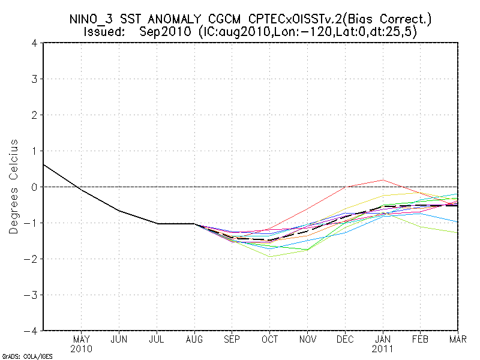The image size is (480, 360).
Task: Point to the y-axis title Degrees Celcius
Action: click(x=14, y=187)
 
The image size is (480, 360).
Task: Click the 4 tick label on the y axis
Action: click(x=34, y=43)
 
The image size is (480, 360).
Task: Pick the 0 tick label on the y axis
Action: click(x=34, y=187)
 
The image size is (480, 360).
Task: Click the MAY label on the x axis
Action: click(x=82, y=340)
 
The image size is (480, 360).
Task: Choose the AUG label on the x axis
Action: click(x=194, y=340)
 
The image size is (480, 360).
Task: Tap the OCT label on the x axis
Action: click(x=269, y=340)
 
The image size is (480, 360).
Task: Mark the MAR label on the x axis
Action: click(x=457, y=340)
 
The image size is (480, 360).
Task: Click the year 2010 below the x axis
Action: click(x=82, y=349)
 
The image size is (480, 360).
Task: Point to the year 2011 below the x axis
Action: click(x=382, y=349)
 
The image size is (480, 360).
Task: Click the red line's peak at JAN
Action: click(x=382, y=180)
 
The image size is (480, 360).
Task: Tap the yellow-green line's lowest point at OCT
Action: click(x=269, y=256)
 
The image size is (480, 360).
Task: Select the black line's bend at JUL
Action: click(x=157, y=223)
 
